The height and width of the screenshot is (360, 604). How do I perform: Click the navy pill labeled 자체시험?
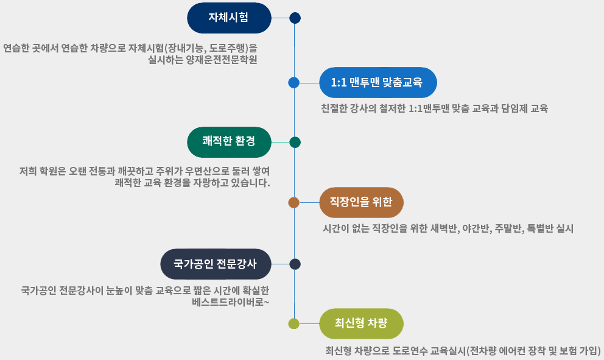click(229, 18)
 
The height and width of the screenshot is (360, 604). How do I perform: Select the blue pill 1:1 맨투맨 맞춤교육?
click(378, 82)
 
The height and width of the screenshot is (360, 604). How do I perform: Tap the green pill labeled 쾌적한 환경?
click(229, 142)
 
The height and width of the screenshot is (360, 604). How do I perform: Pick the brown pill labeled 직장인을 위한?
click(361, 202)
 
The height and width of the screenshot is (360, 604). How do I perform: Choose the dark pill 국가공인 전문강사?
click(216, 264)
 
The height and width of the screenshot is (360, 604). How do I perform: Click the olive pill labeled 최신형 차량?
click(361, 323)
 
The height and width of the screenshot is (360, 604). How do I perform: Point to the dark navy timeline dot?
click(295, 18)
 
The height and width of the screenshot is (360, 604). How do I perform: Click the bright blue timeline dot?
click(294, 82)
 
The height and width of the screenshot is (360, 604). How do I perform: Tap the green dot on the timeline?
click(295, 142)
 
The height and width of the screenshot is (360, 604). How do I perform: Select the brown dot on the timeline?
click(294, 202)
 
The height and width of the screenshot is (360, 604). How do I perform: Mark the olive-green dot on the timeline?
click(294, 324)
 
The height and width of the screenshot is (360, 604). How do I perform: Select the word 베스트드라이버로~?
click(230, 302)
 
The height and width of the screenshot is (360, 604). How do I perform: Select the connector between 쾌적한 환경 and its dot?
click(281, 142)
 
